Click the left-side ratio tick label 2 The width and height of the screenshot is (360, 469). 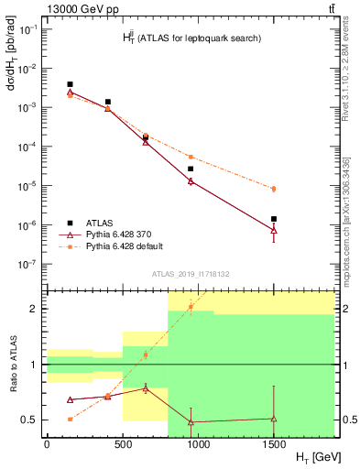33,309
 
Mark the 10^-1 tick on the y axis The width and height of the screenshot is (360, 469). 27,29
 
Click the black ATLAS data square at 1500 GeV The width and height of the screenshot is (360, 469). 274,219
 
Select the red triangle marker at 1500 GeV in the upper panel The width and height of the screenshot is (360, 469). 274,230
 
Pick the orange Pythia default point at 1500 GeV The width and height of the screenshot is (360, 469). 274,189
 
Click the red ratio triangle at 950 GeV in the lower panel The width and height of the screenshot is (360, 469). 191,421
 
